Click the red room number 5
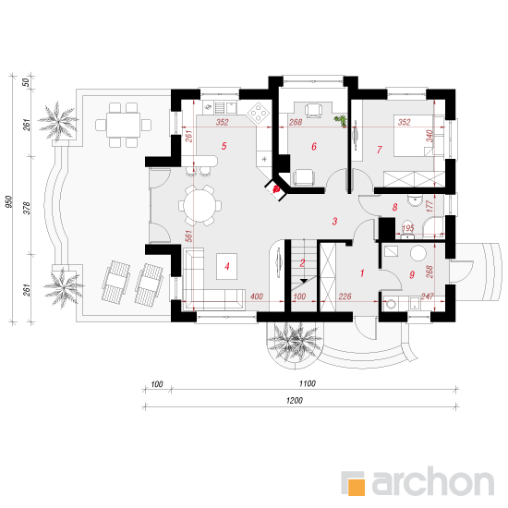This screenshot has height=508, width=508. point(224,146)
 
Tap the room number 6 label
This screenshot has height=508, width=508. point(314,147)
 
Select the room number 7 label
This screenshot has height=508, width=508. point(379,150)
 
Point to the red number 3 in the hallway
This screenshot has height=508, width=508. point(334,222)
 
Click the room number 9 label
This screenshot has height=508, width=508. point(412,275)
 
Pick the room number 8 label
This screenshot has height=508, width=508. point(394,207)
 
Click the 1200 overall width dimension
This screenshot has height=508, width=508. point(295,401)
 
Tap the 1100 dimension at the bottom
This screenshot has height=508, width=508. point(308,383)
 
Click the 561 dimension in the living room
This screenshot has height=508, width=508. point(188,236)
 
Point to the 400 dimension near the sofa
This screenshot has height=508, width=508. point(257,296)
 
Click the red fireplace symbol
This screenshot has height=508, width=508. point(277,189)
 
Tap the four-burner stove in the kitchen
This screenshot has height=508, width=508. point(260,113)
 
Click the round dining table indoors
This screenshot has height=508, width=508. point(200,205)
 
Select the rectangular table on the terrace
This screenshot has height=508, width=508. point(123,125)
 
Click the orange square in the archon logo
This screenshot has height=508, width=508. point(357,487)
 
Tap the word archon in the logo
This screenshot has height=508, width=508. point(433,481)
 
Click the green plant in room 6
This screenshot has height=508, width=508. point(341,120)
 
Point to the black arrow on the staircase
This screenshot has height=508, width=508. point(304,281)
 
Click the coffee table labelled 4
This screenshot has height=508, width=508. point(227,266)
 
